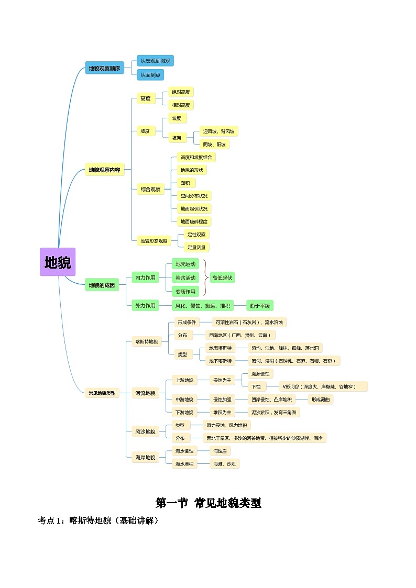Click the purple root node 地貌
(58, 262)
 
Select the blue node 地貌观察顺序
(104, 68)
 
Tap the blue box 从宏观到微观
(155, 61)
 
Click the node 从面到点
(150, 75)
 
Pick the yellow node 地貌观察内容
(104, 170)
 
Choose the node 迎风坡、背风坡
(219, 131)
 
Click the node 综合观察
(150, 190)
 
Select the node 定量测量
(196, 247)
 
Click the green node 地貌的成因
(102, 285)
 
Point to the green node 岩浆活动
(185, 278)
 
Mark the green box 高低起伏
(223, 278)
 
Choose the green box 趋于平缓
(260, 306)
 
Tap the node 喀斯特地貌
(146, 342)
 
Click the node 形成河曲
(320, 400)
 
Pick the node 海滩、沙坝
(224, 464)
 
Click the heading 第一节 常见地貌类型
(208, 503)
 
